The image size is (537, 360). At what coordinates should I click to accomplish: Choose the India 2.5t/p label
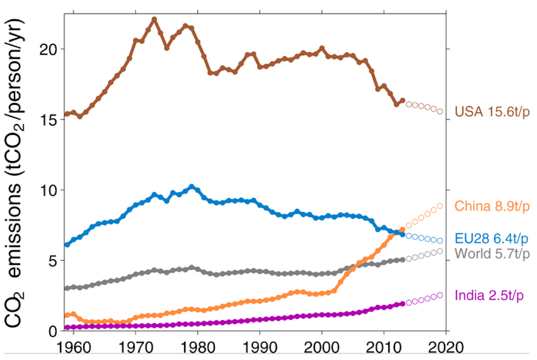point(490,295)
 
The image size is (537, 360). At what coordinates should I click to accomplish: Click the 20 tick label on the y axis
point(47,49)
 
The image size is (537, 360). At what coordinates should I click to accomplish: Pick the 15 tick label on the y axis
point(47,119)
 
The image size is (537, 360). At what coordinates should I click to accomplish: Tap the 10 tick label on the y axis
point(47,190)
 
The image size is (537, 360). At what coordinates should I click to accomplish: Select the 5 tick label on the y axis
point(53,261)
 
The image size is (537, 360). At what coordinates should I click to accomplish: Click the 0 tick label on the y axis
point(53,331)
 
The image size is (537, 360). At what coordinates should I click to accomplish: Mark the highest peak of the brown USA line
point(154,19)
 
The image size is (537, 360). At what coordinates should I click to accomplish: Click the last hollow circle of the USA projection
point(440,111)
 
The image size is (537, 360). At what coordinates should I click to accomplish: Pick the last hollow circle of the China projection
point(440,205)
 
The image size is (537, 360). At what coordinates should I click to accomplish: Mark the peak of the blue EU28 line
point(192,186)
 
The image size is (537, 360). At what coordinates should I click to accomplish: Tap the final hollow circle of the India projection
point(440,294)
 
